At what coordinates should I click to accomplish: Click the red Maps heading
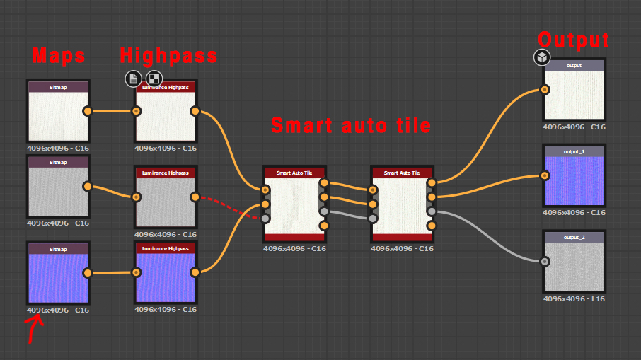[x=59, y=55]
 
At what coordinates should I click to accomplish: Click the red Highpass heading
[x=168, y=55]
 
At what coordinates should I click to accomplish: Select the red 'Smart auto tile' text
[x=350, y=126]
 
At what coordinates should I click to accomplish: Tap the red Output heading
[x=573, y=39]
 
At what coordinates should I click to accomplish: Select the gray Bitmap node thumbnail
[x=58, y=191]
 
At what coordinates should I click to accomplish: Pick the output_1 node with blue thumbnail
[x=574, y=180]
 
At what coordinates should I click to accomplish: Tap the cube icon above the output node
[x=542, y=57]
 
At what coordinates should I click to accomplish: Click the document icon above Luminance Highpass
[x=133, y=79]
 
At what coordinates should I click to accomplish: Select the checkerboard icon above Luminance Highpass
[x=154, y=79]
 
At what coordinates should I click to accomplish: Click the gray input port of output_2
[x=545, y=261]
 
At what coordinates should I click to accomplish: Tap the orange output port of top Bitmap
[x=87, y=111]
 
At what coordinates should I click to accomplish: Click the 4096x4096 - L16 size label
[x=574, y=298]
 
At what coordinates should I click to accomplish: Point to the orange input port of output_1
[x=545, y=175]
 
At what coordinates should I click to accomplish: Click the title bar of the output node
[x=574, y=65]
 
